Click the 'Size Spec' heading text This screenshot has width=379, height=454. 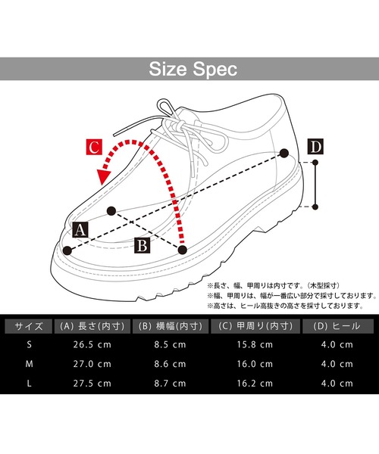tap(193, 69)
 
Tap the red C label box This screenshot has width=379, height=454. tap(94, 147)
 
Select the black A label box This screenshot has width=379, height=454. tap(80, 230)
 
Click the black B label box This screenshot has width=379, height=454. tap(143, 245)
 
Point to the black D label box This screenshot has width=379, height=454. tap(315, 147)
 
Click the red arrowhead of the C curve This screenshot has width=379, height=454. tap(104, 176)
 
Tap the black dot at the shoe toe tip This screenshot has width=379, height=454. tap(67, 250)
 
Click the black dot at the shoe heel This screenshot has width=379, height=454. tap(284, 153)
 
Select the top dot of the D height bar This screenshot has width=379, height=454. tap(315, 163)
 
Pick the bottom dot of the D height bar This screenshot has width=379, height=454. tap(315, 207)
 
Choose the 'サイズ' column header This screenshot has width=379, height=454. tap(29, 326)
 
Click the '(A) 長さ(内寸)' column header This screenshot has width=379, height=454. tap(92, 326)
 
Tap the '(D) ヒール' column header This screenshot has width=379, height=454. tap(338, 326)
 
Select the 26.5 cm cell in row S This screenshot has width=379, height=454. tap(92, 345)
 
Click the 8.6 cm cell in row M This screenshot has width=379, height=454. tap(171, 364)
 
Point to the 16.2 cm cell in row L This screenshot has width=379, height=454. tap(255, 384)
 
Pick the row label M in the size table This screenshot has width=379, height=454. tap(29, 364)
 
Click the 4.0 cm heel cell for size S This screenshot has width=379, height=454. tap(337, 345)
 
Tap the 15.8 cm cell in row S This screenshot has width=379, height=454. tap(255, 345)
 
